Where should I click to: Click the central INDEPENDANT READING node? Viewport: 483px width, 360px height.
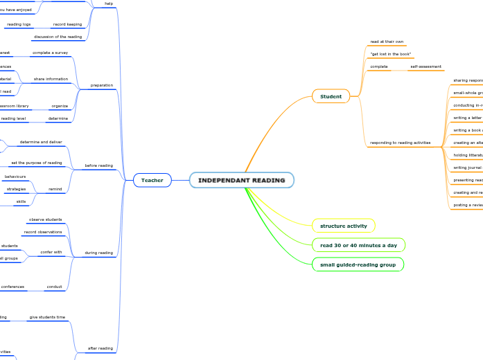(241, 180)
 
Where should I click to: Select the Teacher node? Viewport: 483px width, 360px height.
(152, 180)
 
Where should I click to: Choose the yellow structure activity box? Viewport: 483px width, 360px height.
(343, 226)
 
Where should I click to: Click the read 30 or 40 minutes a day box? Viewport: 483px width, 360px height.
(358, 245)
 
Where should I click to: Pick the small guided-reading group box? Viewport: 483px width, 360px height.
(357, 264)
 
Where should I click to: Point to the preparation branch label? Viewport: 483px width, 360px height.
(101, 85)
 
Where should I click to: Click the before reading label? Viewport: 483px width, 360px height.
(98, 165)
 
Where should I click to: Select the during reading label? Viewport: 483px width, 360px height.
(98, 253)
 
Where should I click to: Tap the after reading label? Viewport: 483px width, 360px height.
(100, 348)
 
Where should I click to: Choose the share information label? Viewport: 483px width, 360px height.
(51, 79)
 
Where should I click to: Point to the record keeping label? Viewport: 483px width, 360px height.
(67, 24)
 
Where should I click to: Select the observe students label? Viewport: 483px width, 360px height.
(45, 219)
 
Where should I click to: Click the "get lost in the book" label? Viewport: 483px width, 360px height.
(390, 54)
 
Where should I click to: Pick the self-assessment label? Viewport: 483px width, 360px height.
(425, 66)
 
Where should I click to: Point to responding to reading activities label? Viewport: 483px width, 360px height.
(400, 143)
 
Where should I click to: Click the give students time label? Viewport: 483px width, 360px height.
(47, 317)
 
